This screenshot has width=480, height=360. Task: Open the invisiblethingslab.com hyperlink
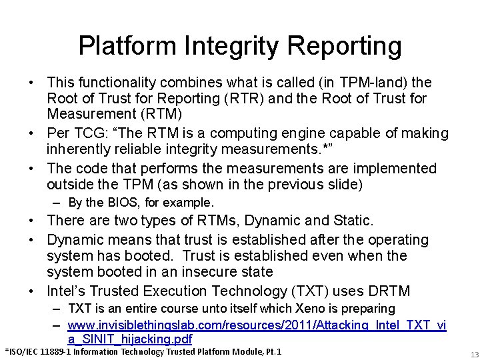pos(257,324)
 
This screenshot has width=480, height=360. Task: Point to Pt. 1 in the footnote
pos(272,351)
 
